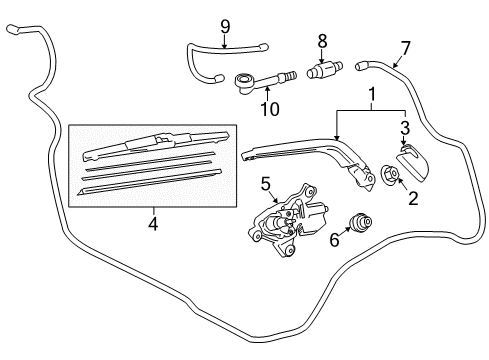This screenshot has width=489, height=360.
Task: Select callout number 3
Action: coord(404,127)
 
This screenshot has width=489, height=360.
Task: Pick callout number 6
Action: coord(334,240)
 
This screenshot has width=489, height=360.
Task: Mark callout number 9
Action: coord(225,25)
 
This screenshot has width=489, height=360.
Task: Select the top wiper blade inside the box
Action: coord(150,144)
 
